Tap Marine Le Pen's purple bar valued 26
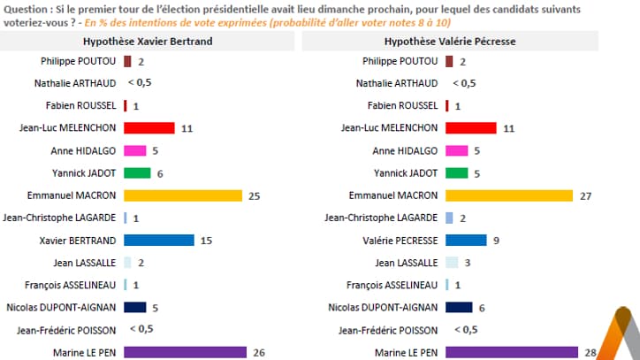pos(185,352)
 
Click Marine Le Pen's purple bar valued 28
pos(510,352)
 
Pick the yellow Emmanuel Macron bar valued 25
pos(183,195)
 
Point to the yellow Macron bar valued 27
pos(510,195)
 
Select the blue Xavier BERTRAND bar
pos(159,240)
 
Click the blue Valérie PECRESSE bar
pos(467,240)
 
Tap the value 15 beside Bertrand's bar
pos(205,240)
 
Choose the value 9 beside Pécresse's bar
pos(495,240)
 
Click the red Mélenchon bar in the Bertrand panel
pos(149,127)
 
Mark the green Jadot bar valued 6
pos(137,172)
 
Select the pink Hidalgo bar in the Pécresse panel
pos(457,150)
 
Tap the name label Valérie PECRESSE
pos(399,240)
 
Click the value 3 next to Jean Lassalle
pos(468,263)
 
